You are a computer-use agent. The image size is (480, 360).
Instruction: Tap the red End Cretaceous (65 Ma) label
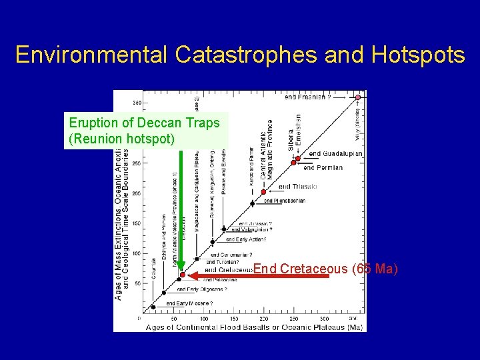click(325, 269)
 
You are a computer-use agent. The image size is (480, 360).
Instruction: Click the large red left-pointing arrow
click(260, 275)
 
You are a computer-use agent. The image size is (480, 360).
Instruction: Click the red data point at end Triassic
click(264, 191)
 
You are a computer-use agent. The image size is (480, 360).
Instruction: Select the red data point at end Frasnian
click(357, 97)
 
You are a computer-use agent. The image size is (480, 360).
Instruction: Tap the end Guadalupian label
click(336, 154)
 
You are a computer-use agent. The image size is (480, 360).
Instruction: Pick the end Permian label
click(323, 167)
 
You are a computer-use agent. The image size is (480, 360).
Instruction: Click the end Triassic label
click(298, 187)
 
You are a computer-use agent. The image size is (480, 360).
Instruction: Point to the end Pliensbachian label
click(286, 201)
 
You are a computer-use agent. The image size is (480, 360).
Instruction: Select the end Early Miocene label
click(189, 303)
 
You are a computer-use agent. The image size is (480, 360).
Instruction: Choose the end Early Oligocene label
click(202, 289)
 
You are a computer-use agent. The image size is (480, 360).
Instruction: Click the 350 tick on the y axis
click(136, 103)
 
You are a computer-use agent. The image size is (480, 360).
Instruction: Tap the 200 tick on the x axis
click(264, 319)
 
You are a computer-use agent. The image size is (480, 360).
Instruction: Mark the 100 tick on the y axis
click(136, 253)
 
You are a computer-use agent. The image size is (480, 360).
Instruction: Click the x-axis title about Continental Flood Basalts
click(253, 327)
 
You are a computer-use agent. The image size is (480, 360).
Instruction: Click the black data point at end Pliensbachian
click(252, 203)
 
